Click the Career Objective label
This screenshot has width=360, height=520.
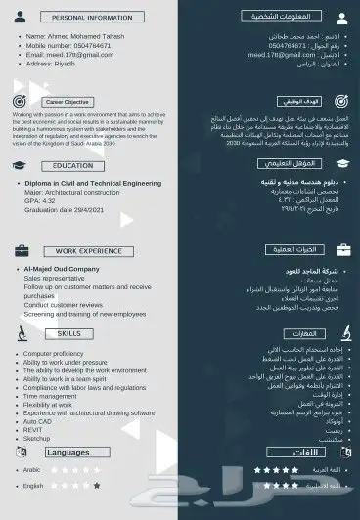point(67,102)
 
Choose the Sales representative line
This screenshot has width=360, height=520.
point(55,278)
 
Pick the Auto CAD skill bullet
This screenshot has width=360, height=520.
point(40,420)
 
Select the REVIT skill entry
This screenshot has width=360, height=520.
point(35,429)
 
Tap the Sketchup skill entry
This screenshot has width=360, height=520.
point(38,439)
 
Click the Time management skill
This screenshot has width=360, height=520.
point(55,394)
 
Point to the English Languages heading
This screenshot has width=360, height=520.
point(67,453)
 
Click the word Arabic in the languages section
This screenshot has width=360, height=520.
point(33,470)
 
